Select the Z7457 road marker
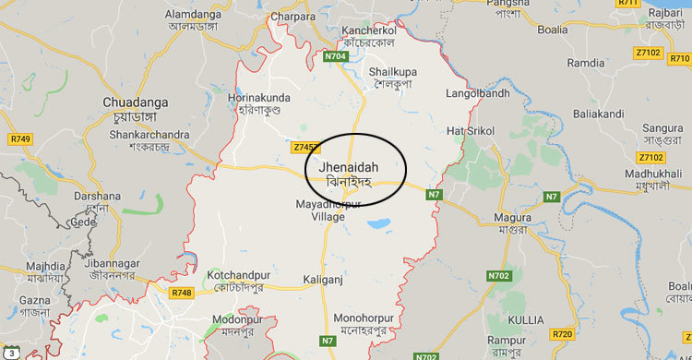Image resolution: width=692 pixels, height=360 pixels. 305,147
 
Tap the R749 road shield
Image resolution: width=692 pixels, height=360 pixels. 19,138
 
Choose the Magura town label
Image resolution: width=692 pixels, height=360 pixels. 511,217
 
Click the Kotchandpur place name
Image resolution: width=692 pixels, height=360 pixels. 244,276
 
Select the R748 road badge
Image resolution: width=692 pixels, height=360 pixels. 181,293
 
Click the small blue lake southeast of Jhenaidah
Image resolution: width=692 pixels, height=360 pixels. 377,222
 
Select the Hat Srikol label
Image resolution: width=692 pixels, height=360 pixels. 471,130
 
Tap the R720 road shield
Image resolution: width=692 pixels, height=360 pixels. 562,332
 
